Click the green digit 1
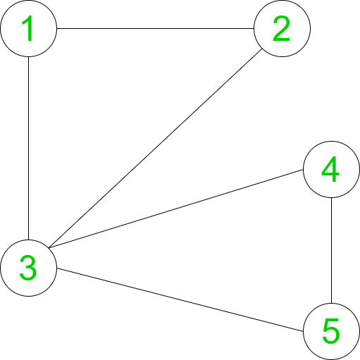(28, 28)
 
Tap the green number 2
(282, 28)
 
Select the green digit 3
(28, 268)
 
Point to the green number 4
(330, 169)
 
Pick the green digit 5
(331, 331)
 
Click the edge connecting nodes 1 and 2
(155, 28)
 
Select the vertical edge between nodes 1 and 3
(28, 148)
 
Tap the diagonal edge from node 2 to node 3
(155, 148)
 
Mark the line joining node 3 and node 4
(175, 209)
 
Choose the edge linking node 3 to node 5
(180, 299)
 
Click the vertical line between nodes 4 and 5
(331, 250)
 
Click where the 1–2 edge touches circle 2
(254, 28)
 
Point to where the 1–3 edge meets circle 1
(28, 56)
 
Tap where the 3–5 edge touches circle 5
(304, 331)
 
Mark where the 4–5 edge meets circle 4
(331, 197)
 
